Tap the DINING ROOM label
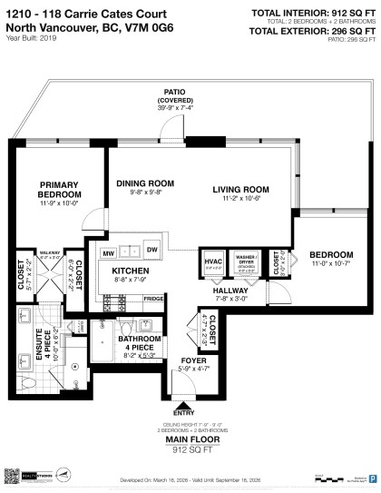click(x=145, y=182)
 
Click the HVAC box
click(x=213, y=262)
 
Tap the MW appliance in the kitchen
click(x=107, y=251)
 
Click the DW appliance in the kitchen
click(x=151, y=251)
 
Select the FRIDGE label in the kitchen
click(x=153, y=298)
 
